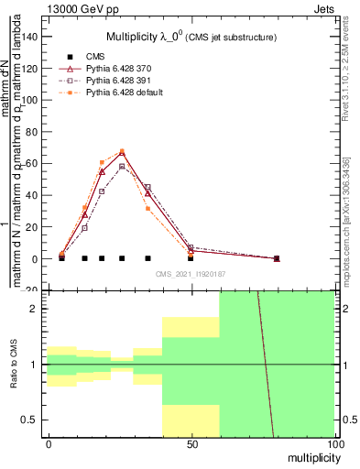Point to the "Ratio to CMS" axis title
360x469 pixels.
click(x=14, y=365)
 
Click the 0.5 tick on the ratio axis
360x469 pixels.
click(x=33, y=420)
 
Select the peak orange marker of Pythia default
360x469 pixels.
click(x=122, y=151)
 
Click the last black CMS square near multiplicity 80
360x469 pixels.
click(x=277, y=258)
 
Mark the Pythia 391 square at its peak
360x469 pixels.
click(x=122, y=167)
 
